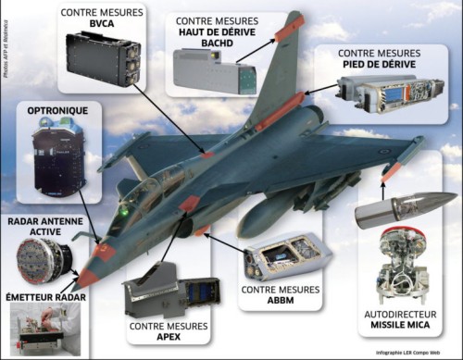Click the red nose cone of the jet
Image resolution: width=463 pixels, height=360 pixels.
tap(89, 275)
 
